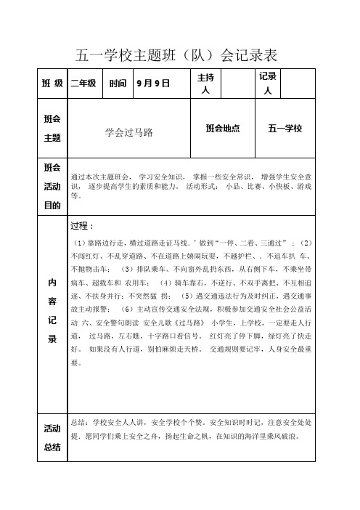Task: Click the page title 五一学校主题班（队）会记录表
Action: coord(178,54)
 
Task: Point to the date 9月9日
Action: coord(152,84)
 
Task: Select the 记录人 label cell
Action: coord(266,84)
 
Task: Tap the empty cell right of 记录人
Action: coord(300,84)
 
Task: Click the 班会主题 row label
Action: coord(52,129)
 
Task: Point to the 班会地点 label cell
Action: coord(222,129)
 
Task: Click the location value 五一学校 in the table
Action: coord(285,129)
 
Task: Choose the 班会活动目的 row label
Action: coord(52,186)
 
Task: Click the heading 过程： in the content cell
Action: coord(84,225)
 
